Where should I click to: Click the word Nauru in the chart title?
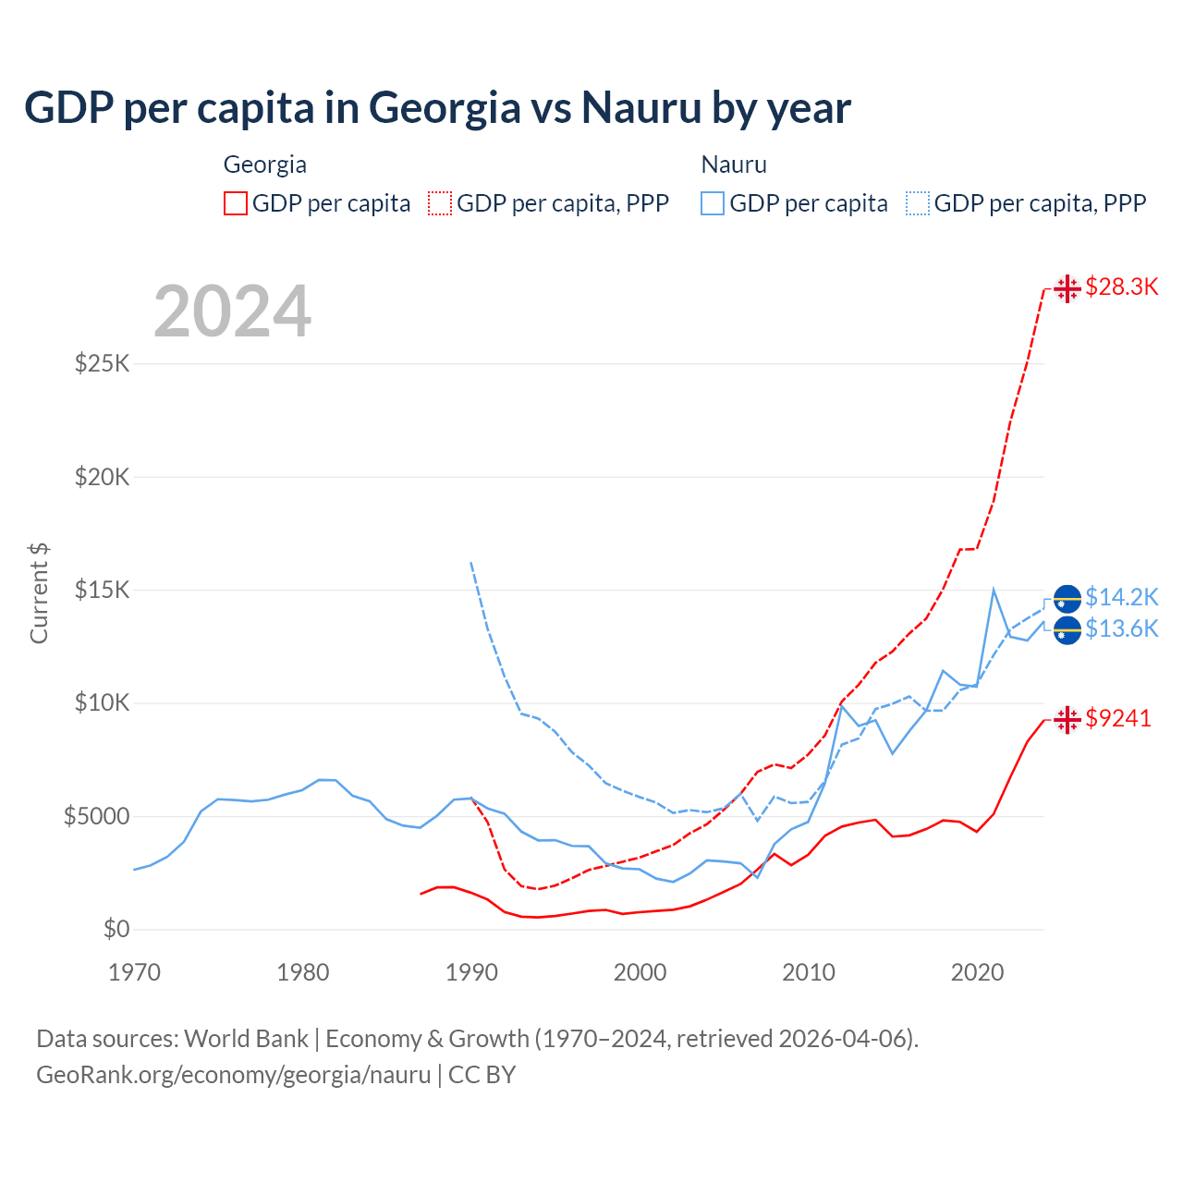[x=641, y=108]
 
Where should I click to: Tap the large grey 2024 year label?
[x=232, y=311]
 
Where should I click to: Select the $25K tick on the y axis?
[x=103, y=363]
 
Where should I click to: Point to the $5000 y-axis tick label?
[x=96, y=816]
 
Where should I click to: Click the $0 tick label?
[x=116, y=929]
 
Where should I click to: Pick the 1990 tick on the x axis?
[x=471, y=972]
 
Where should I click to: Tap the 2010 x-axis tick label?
[x=809, y=972]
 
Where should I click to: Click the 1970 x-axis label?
[x=134, y=972]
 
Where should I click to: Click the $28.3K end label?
[x=1121, y=287]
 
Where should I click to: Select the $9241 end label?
[x=1118, y=718]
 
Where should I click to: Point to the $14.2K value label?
[x=1121, y=597]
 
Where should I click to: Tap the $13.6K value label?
[x=1121, y=629]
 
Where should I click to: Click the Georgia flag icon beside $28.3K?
[x=1067, y=288]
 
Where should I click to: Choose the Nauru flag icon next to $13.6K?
[x=1067, y=630]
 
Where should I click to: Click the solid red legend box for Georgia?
[x=236, y=203]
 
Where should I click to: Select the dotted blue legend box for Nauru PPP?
[x=918, y=203]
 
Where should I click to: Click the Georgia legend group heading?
[x=264, y=165]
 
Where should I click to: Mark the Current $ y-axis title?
[x=39, y=593]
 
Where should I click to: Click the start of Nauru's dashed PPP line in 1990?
[x=471, y=562]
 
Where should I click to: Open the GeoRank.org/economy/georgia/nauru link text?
[x=233, y=1075]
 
